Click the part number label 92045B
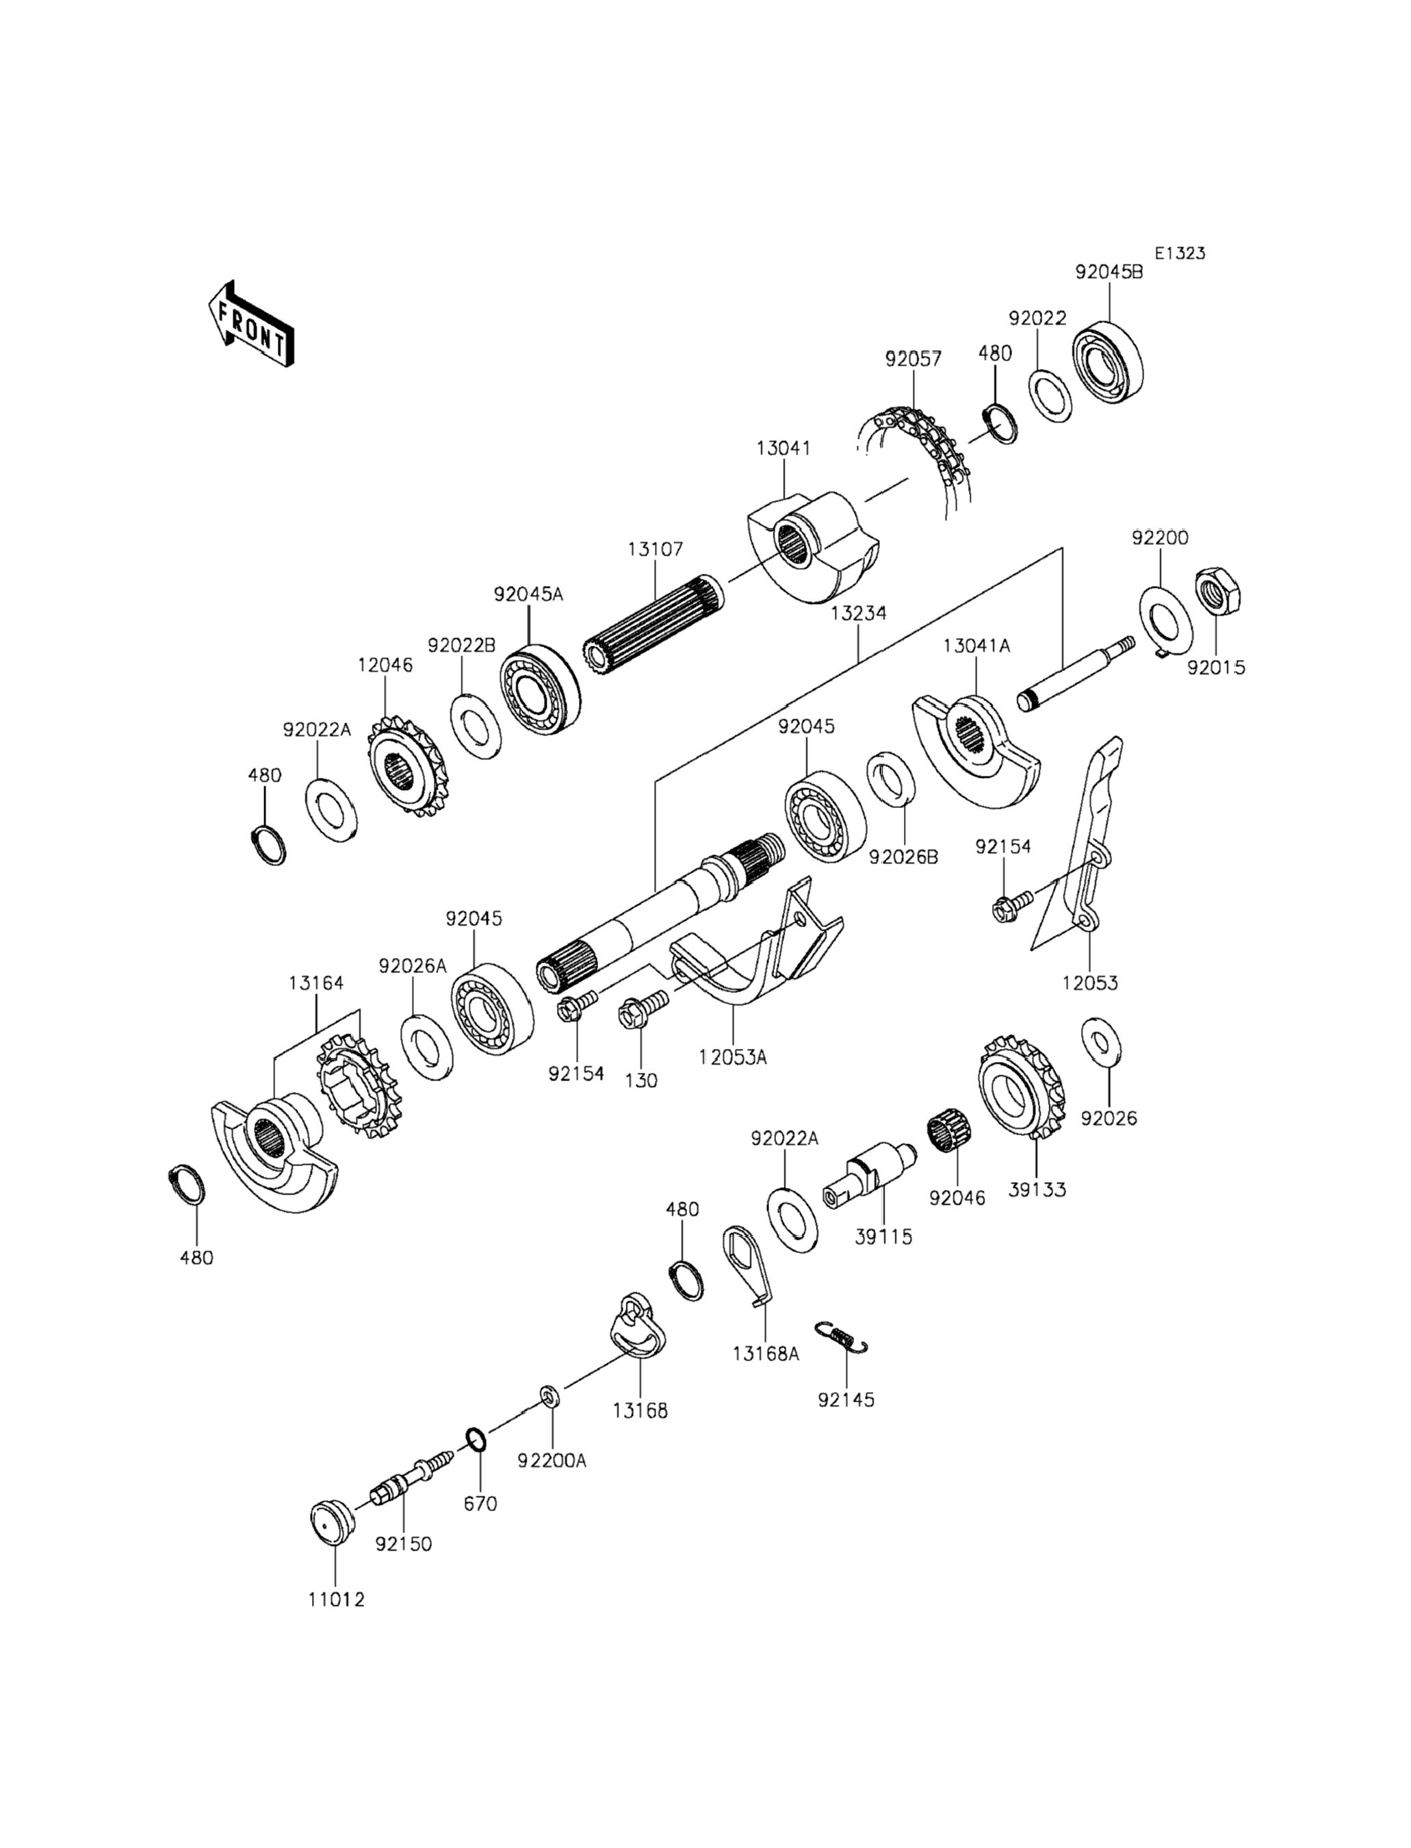[x=1109, y=273]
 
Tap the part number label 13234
[x=857, y=613]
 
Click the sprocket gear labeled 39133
[x=1023, y=1087]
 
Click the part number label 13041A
[x=976, y=646]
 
